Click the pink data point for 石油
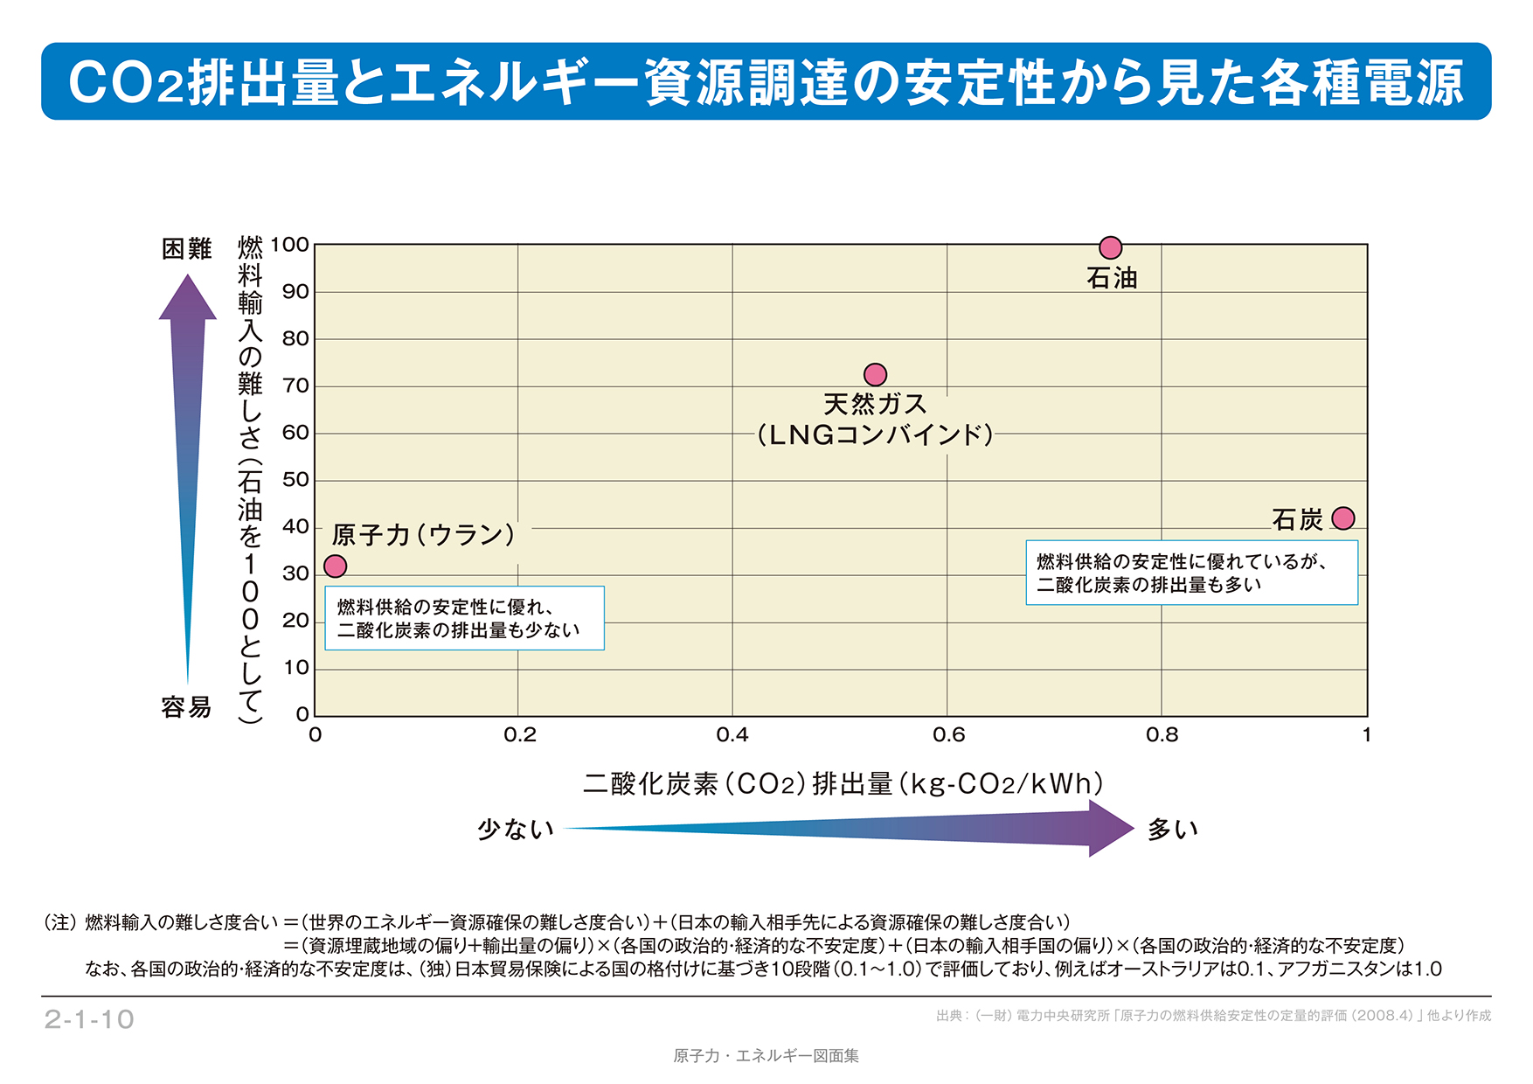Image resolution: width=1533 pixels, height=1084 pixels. click(1110, 247)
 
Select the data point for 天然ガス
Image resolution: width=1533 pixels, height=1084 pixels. click(875, 375)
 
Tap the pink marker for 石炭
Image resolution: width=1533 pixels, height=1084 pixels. click(1343, 518)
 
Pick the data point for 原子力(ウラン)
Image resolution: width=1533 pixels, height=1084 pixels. click(336, 566)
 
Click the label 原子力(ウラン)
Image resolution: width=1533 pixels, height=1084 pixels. click(424, 534)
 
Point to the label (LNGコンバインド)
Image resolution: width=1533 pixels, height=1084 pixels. click(875, 434)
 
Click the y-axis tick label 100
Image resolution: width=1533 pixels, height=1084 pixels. click(290, 245)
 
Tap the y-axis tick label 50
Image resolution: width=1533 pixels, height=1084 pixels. click(295, 480)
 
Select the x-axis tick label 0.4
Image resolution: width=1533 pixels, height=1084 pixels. click(732, 735)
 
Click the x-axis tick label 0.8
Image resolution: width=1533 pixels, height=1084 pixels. click(1162, 735)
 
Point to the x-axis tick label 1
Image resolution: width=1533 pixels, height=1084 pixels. click(1366, 735)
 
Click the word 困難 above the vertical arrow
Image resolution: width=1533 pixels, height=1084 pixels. click(187, 249)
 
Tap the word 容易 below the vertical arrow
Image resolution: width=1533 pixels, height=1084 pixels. click(186, 707)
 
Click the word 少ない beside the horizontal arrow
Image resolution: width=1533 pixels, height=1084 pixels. click(516, 829)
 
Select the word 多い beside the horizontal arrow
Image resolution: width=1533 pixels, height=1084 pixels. click(1172, 829)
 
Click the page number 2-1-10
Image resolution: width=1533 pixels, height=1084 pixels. click(89, 1019)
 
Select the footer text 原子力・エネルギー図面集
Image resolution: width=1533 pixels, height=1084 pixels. click(766, 1056)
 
